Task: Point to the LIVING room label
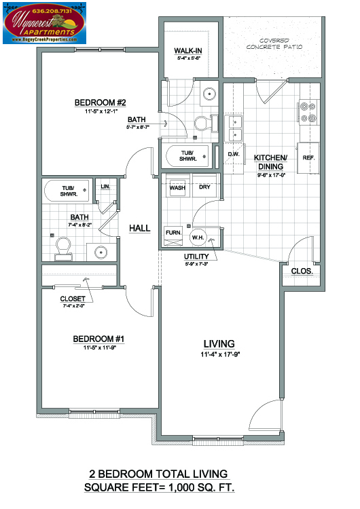[x=219, y=343]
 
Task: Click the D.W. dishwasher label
[x=234, y=154]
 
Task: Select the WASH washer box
[x=178, y=188]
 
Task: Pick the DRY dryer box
[x=204, y=188]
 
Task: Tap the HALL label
[x=139, y=229]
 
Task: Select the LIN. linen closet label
[x=106, y=187]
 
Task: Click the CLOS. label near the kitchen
[x=301, y=271]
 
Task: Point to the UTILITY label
[x=196, y=256]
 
